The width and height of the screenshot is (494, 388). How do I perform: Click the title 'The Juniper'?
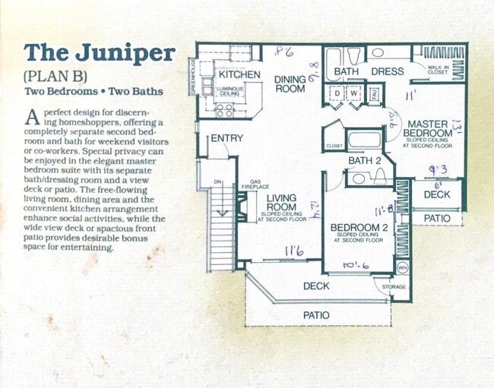(x=100, y=53)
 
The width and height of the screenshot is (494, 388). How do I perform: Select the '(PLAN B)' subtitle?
(x=56, y=76)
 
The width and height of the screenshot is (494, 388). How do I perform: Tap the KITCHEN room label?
(x=239, y=75)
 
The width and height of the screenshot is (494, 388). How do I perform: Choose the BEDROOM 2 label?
(x=359, y=227)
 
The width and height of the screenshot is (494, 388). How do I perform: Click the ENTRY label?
(x=226, y=138)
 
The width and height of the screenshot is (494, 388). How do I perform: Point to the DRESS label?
(x=386, y=72)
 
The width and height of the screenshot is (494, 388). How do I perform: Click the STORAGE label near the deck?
(x=394, y=287)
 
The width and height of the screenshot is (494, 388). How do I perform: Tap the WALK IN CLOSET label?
(x=439, y=70)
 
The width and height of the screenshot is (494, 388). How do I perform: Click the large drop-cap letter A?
(x=32, y=116)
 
